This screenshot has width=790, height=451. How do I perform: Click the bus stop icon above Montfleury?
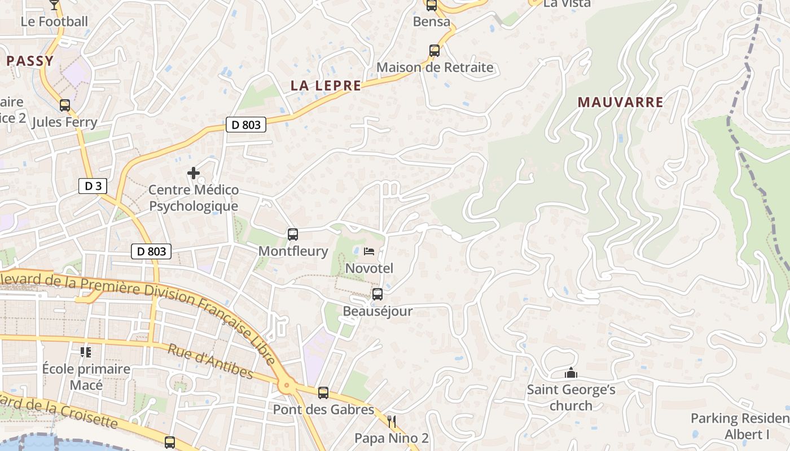point(292,234)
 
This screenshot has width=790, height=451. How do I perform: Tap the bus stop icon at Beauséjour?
point(377,294)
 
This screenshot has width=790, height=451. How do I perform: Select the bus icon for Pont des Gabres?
point(323,392)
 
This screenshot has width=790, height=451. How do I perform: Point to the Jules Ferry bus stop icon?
point(65,105)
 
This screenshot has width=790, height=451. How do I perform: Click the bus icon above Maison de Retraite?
point(434,50)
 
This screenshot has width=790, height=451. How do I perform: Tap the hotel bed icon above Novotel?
point(369,251)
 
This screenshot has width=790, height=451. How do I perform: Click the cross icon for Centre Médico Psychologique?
point(194,173)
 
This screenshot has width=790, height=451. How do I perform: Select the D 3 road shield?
point(93,186)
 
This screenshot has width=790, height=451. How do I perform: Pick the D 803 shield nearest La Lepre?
point(246,125)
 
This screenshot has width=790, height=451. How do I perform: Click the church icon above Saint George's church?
point(571,373)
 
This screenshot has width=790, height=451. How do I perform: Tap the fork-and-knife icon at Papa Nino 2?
point(392,421)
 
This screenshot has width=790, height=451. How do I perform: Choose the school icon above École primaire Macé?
point(86,352)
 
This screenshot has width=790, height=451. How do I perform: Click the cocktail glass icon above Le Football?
point(54,5)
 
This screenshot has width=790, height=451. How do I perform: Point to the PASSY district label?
point(30,61)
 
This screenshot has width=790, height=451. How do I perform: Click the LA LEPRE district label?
point(326,86)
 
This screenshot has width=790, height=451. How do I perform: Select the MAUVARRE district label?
point(620,102)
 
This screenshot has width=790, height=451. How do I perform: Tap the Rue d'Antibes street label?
point(210,361)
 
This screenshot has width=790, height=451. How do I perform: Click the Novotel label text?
point(369,268)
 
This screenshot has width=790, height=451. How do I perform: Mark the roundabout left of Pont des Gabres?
point(286,386)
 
